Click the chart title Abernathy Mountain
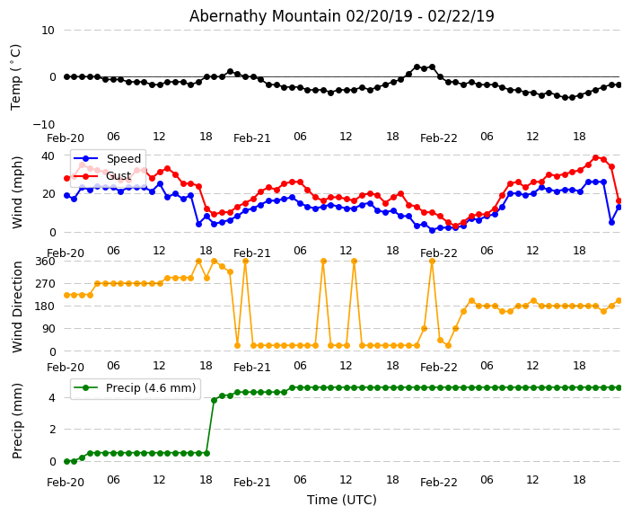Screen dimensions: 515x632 coord(341,16)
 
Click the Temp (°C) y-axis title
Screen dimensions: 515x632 coord(16,76)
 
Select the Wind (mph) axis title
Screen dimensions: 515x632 coord(18,191)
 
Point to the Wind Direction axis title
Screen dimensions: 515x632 coord(18,306)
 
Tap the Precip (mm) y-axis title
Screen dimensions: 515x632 coord(18,422)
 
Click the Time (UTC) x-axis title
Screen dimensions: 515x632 coord(341,500)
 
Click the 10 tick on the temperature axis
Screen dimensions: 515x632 coord(48,30)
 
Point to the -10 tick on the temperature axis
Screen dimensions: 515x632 coord(44,124)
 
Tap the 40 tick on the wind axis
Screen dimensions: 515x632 coord(48,155)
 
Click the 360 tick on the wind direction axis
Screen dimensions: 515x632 coord(45,261)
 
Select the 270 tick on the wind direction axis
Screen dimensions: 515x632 coord(45,283)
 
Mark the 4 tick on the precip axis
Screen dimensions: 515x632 coord(52,397)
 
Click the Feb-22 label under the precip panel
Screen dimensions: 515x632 coord(438,483)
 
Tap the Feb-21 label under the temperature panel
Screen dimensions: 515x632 coord(251,138)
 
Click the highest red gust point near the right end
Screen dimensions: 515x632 coord(595,157)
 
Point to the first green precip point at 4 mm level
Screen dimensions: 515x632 coord(214,400)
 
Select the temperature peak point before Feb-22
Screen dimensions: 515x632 coord(417,67)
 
